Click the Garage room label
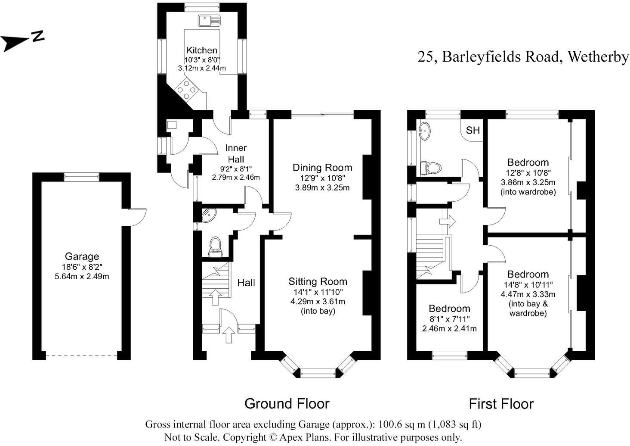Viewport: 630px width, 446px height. pyautogui.click(x=82, y=256)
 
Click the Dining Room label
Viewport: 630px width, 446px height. pyautogui.click(x=322, y=167)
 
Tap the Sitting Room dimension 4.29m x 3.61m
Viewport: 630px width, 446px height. pyautogui.click(x=318, y=301)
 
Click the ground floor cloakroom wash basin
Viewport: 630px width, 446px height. pyautogui.click(x=207, y=215)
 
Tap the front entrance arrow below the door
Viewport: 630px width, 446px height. pyautogui.click(x=229, y=335)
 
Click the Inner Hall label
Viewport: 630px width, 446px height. pyautogui.click(x=236, y=153)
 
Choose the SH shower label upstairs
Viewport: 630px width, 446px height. pyautogui.click(x=472, y=130)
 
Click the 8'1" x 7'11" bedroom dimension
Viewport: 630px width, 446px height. pyautogui.click(x=449, y=319)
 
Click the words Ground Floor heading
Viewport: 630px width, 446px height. pyautogui.click(x=287, y=404)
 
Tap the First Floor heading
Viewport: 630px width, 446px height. pyautogui.click(x=501, y=404)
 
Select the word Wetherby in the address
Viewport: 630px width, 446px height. pyautogui.click(x=598, y=57)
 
